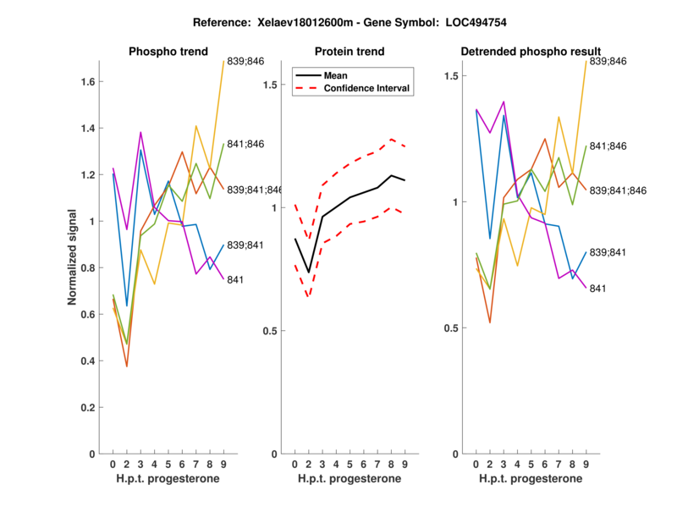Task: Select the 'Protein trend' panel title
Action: click(x=350, y=52)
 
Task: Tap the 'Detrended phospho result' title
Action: click(x=531, y=52)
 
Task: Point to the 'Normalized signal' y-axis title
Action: click(x=74, y=257)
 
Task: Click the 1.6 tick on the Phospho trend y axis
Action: click(x=91, y=82)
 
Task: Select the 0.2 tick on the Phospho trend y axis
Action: click(x=91, y=407)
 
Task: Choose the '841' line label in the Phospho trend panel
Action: click(x=235, y=279)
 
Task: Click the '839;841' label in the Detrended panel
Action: click(x=608, y=252)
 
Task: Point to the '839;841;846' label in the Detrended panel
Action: click(x=618, y=190)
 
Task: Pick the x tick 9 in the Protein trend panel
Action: click(x=405, y=465)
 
